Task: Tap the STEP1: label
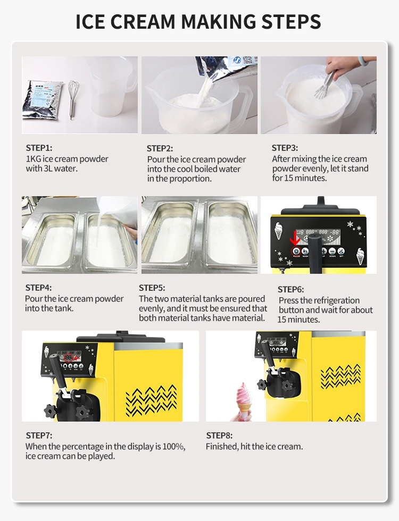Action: pyautogui.click(x=39, y=148)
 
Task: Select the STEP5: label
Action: pyautogui.click(x=152, y=288)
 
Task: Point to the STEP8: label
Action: pyautogui.click(x=219, y=435)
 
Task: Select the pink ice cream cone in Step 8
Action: pyautogui.click(x=244, y=401)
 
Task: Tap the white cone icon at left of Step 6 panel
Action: pyautogui.click(x=279, y=231)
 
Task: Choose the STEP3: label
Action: pyautogui.click(x=285, y=148)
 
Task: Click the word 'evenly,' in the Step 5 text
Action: pyautogui.click(x=151, y=309)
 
